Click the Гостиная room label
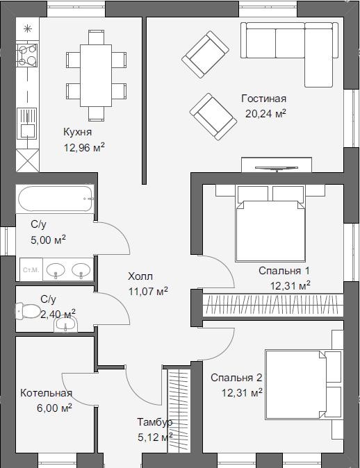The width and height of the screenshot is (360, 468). pyautogui.click(x=263, y=99)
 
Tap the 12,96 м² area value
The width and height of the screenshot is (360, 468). pyautogui.click(x=84, y=147)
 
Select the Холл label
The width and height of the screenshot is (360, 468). pyautogui.click(x=140, y=276)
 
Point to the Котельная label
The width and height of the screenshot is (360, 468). pyautogui.click(x=46, y=393)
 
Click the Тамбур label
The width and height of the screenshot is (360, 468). pyautogui.click(x=154, y=422)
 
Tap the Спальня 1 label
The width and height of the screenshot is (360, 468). pyautogui.click(x=284, y=271)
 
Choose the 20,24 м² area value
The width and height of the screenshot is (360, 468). pyautogui.click(x=266, y=114)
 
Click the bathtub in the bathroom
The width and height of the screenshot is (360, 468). pyautogui.click(x=56, y=199)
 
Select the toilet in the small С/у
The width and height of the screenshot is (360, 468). pyautogui.click(x=28, y=311)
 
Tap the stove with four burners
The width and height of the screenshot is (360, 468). pyautogui.click(x=27, y=55)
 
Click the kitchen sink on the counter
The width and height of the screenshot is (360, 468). pyautogui.click(x=27, y=124)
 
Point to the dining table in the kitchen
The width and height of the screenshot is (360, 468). pyautogui.click(x=96, y=76)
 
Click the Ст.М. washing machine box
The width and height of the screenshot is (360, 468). pyautogui.click(x=31, y=270)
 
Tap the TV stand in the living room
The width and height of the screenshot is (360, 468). pyautogui.click(x=277, y=165)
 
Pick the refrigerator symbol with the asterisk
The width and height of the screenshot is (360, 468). pyautogui.click(x=28, y=28)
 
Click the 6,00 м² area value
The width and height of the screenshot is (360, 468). pyautogui.click(x=54, y=408)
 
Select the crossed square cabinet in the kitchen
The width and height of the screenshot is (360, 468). pyautogui.click(x=28, y=160)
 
